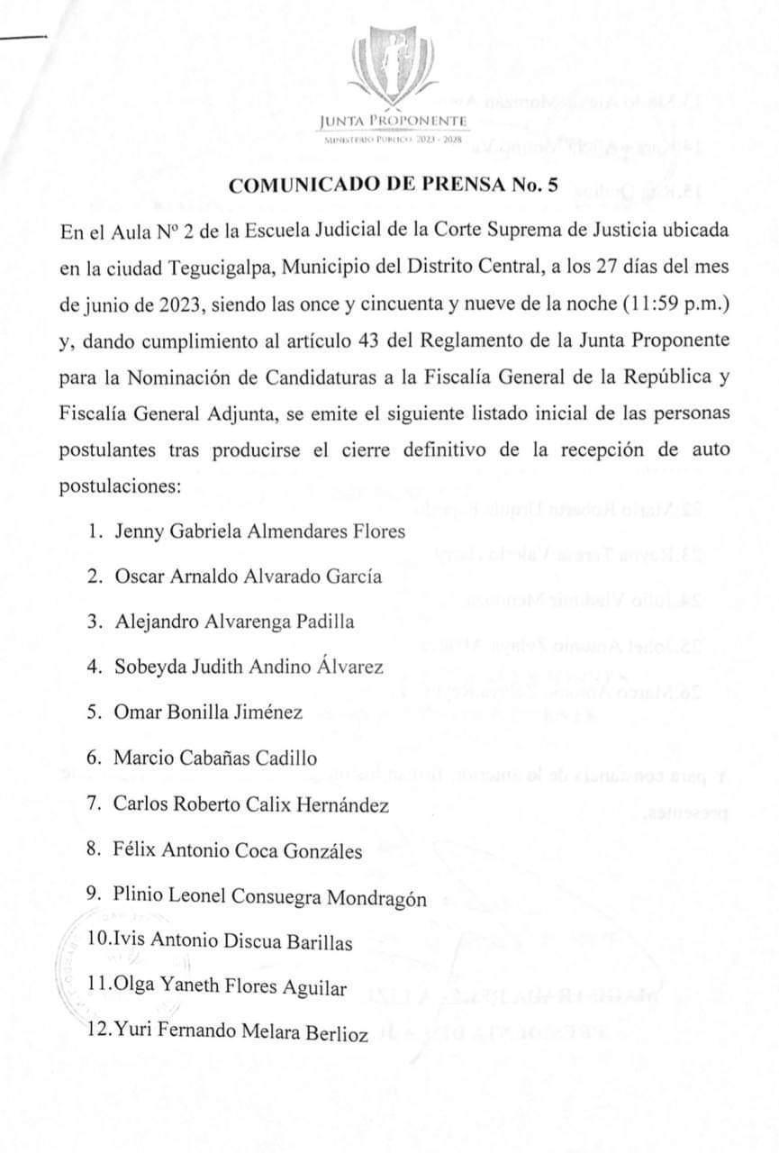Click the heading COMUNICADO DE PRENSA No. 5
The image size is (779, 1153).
(x=394, y=186)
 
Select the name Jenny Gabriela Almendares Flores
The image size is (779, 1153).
(x=259, y=531)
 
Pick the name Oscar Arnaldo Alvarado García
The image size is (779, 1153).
(x=248, y=576)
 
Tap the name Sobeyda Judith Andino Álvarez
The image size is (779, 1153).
(x=249, y=667)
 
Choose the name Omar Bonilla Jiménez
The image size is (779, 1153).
(x=208, y=713)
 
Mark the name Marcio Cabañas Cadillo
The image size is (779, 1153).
(x=215, y=758)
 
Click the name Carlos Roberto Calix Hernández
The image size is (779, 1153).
(x=251, y=804)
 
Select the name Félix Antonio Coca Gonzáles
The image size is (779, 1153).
(x=239, y=850)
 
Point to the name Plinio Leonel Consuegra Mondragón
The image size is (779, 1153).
(x=270, y=897)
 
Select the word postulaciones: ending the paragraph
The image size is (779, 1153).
(x=121, y=486)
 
